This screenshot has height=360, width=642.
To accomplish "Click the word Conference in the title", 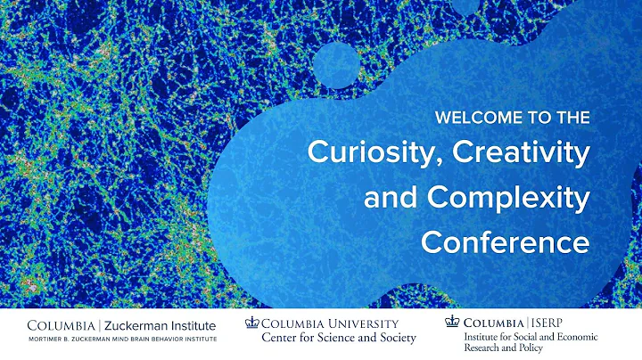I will click(506, 241).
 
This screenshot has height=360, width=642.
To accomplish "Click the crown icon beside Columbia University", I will click(251, 323).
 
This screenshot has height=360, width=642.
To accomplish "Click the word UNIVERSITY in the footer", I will click(358, 323).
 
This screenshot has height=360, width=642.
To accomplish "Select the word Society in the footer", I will click(391, 339).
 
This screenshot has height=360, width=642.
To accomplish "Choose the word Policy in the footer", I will click(556, 349).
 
